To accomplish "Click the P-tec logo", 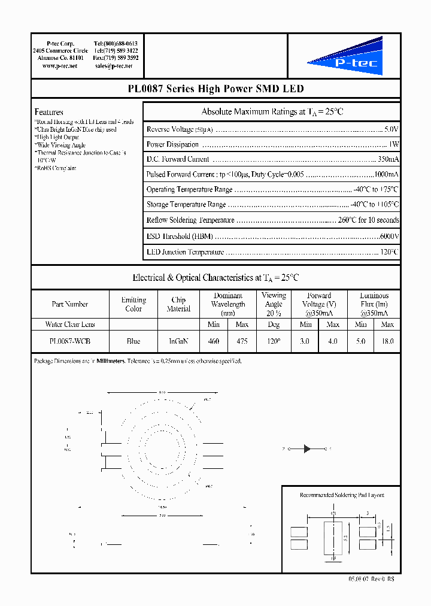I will click(x=344, y=56).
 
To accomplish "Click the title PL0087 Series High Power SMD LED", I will click(x=215, y=89).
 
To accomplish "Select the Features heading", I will click(x=48, y=112).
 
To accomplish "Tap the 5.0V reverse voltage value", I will click(x=391, y=129).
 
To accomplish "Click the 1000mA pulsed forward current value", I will click(x=387, y=174).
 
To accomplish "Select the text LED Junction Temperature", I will click(x=185, y=252).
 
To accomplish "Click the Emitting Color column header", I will click(x=133, y=304).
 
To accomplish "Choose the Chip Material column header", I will click(x=178, y=304).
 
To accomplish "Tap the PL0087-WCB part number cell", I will click(x=70, y=341).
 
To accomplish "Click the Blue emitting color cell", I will click(x=133, y=341).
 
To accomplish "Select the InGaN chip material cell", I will click(x=178, y=341).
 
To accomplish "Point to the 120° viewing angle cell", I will click(x=274, y=341).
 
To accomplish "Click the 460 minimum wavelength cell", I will click(x=214, y=341).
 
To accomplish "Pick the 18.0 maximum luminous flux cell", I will click(x=387, y=341).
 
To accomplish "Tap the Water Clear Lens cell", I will click(x=70, y=325).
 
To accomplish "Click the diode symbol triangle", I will click(x=307, y=449).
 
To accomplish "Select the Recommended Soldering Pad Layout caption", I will click(x=342, y=495).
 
